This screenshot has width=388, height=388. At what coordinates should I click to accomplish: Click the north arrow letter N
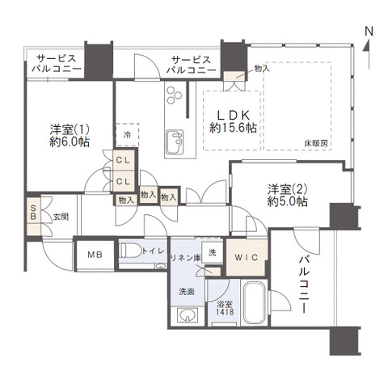tap(369, 32)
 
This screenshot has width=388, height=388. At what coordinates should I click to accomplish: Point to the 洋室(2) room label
tap(286, 189)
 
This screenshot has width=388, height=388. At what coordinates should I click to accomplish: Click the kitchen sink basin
tap(175, 145)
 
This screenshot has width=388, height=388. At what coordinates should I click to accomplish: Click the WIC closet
tap(245, 256)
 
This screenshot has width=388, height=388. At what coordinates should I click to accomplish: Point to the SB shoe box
tap(32, 217)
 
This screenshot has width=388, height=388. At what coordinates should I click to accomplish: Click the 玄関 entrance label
tap(61, 217)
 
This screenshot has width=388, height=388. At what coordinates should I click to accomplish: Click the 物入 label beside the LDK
tap(261, 70)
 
